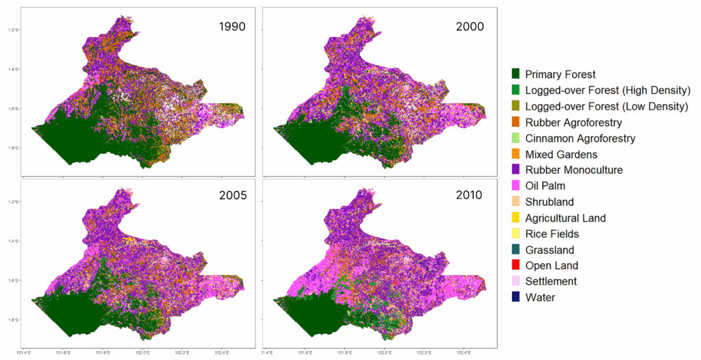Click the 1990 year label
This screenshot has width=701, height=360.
click(x=232, y=28)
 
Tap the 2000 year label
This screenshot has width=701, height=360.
click(x=470, y=28)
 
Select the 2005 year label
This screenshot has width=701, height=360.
click(x=232, y=195)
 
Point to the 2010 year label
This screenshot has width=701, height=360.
click(x=470, y=195)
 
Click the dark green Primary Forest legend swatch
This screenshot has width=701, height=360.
click(x=516, y=74)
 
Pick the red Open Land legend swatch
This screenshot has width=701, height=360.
click(x=516, y=266)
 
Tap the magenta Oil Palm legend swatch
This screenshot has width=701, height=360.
click(x=516, y=185)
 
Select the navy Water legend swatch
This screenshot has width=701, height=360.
click(x=516, y=297)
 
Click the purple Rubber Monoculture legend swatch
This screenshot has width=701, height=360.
click(x=516, y=170)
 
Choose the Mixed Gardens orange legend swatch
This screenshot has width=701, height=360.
click(x=516, y=154)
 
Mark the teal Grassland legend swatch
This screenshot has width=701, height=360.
click(x=516, y=250)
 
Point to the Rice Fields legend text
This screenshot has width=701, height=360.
click(x=553, y=234)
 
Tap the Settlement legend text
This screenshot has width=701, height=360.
click(x=551, y=281)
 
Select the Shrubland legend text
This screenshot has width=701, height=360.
click(x=550, y=202)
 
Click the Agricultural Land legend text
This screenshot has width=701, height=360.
click(x=565, y=218)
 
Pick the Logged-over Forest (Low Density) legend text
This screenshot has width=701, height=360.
click(x=607, y=106)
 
